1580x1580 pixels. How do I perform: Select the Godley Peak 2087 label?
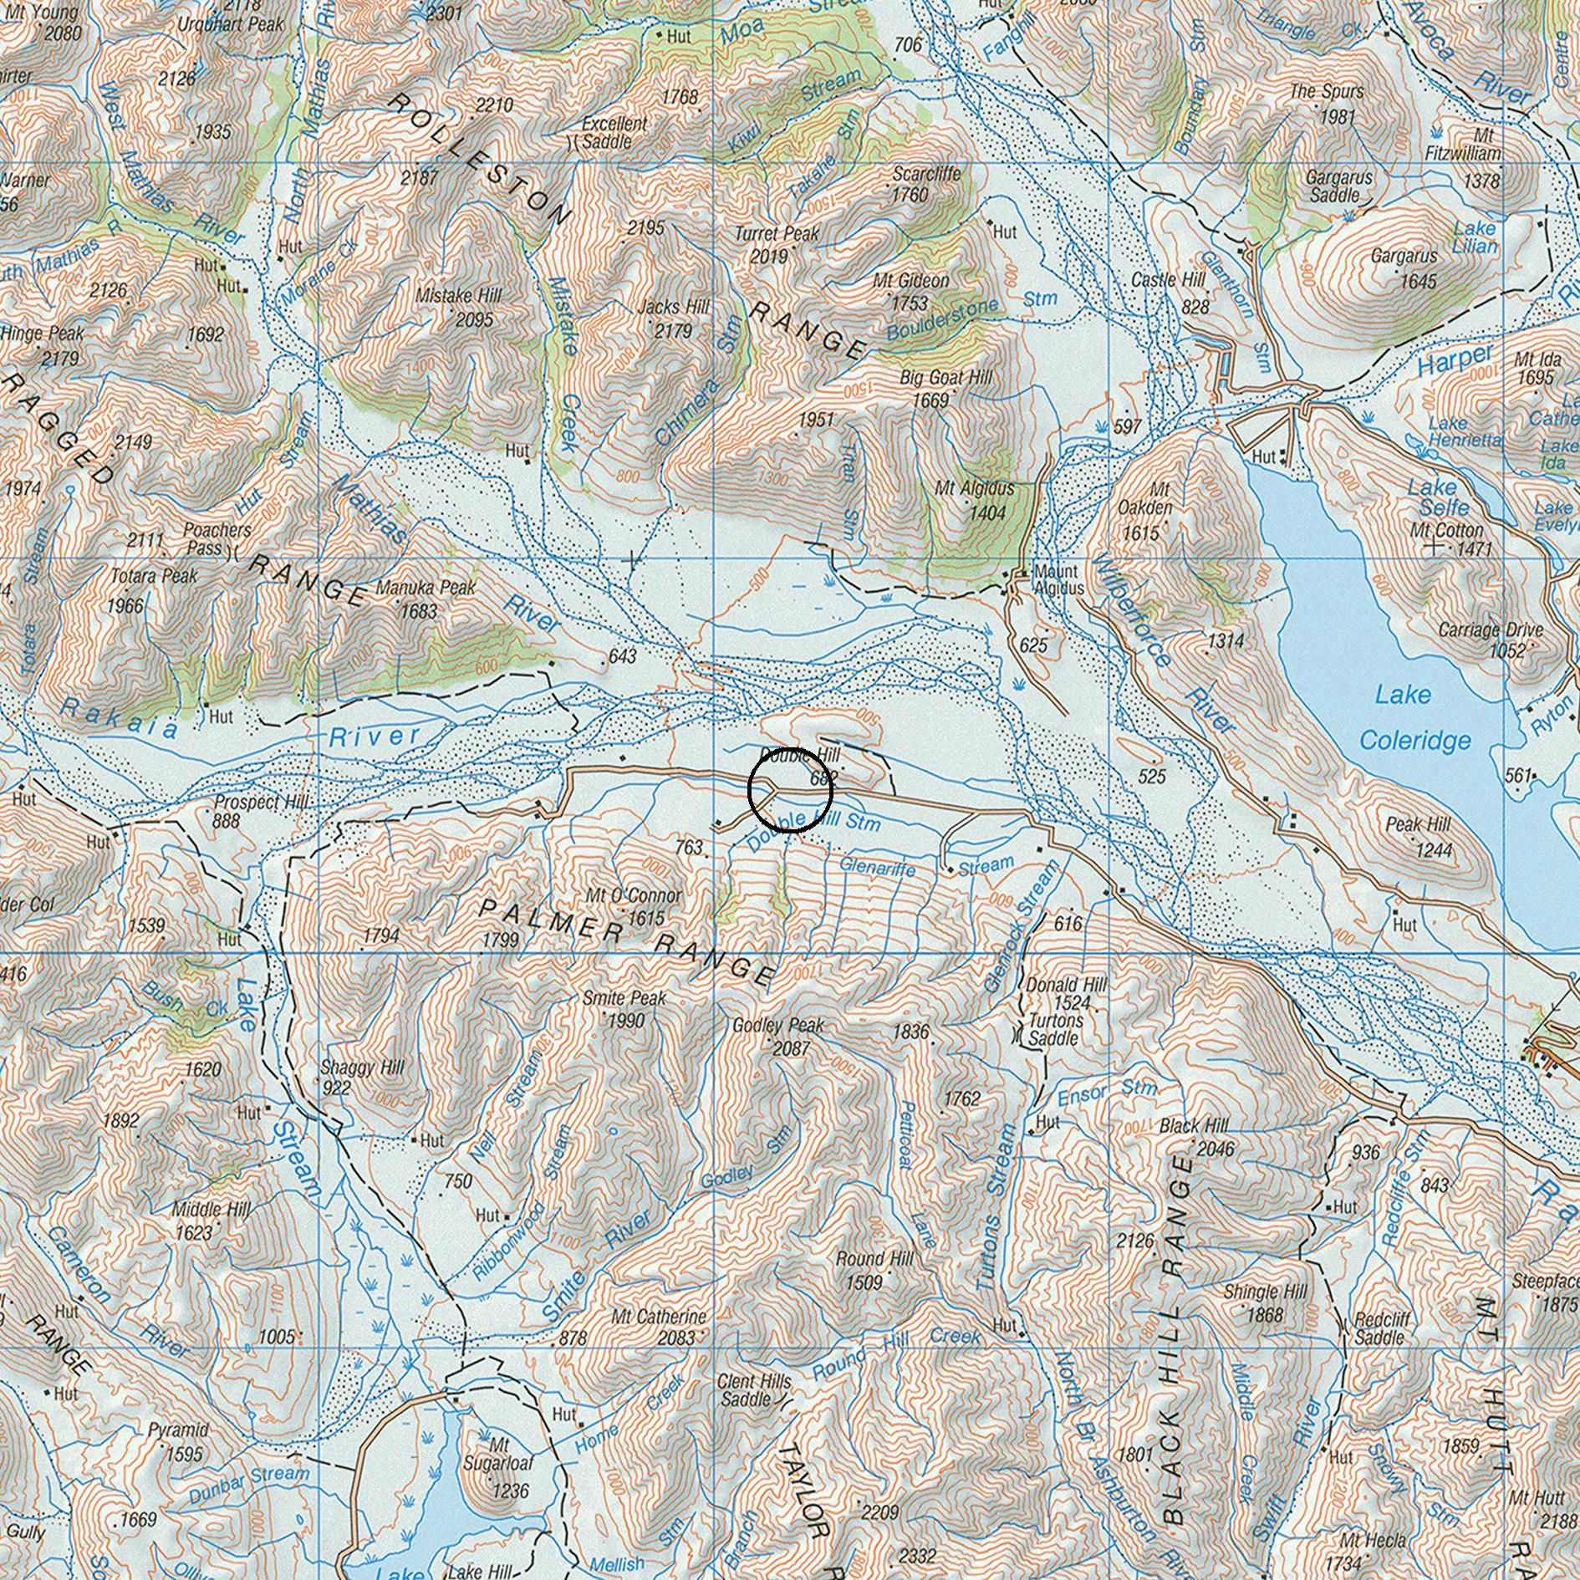(778, 1036)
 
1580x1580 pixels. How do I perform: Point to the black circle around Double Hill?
(790, 789)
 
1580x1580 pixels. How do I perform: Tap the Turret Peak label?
(777, 244)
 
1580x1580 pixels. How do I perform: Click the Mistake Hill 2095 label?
(459, 307)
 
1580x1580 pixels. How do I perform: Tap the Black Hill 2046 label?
(1195, 1137)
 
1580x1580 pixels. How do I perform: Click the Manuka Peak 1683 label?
(426, 599)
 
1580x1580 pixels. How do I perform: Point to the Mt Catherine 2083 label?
(660, 1327)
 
